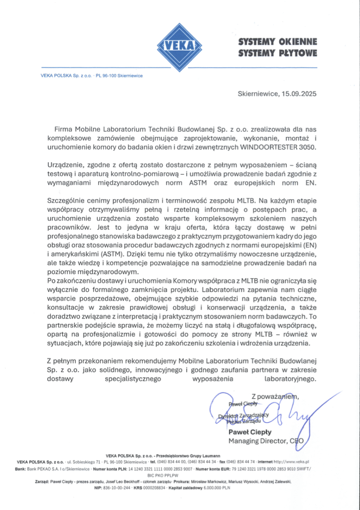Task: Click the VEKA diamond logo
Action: [180, 46]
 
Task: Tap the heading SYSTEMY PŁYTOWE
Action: [277, 53]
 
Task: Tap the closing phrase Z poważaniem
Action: [275, 396]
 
